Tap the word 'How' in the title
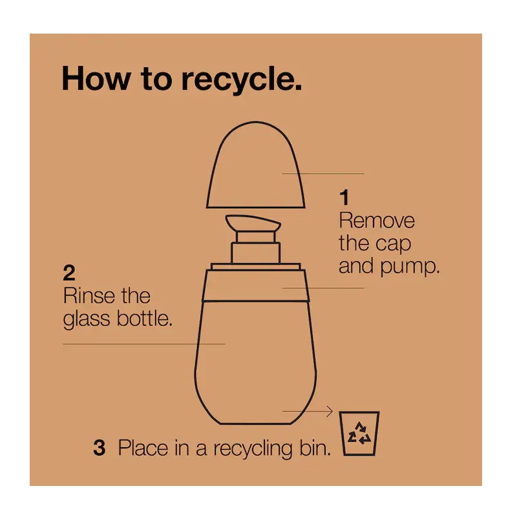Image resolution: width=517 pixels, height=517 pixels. pos(96,78)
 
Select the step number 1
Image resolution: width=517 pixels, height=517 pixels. pos(344,197)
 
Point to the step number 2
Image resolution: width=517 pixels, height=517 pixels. pos(69,273)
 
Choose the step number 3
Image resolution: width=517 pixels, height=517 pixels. pos(100,448)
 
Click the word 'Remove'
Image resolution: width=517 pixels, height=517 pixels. pos(377,220)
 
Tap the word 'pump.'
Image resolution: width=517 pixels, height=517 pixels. pos(410,267)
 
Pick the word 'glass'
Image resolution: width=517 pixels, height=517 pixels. pos(87,319)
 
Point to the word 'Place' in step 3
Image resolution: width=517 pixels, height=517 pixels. pos(143,448)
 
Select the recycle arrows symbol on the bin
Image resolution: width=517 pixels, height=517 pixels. pos(359,433)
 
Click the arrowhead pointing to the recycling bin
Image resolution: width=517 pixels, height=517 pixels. pos(329,411)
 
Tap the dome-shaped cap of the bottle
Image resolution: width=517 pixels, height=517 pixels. pos(255,165)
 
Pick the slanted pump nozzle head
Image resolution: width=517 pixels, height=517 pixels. pos(253,223)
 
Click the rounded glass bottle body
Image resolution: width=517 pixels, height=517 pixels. pos(255,362)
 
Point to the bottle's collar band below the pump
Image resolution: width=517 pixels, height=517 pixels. pos(255,286)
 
